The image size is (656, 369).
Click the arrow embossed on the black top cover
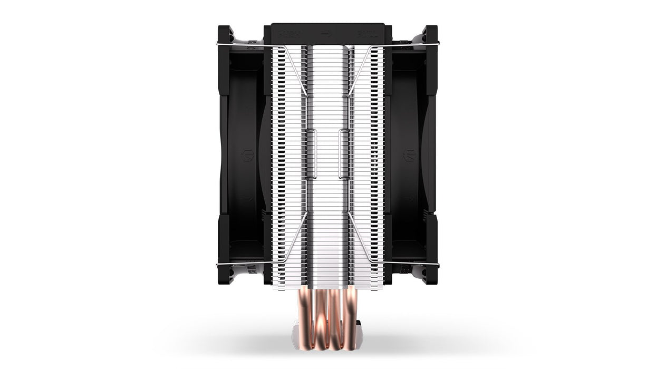pos(327,33)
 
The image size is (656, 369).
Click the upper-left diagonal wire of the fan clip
pos(295,69)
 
